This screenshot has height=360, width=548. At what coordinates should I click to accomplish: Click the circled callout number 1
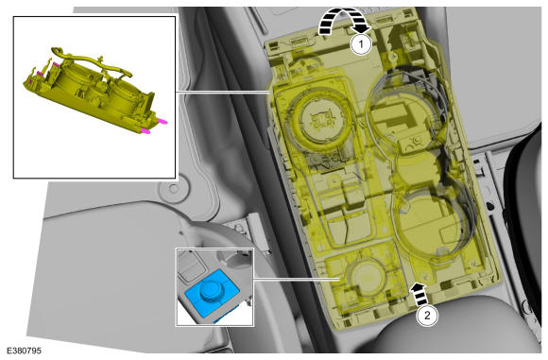(361, 44)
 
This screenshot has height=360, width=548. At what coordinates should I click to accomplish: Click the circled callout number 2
(427, 316)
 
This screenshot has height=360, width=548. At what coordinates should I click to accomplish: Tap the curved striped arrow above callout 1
(344, 21)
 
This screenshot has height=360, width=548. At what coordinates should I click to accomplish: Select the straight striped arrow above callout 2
(420, 295)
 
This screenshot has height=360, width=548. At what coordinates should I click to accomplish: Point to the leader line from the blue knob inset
(297, 279)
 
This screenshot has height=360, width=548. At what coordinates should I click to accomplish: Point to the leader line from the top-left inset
(222, 93)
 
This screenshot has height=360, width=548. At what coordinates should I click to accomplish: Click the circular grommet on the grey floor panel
(174, 189)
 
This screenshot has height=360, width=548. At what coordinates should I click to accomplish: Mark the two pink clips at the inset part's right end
(154, 127)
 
